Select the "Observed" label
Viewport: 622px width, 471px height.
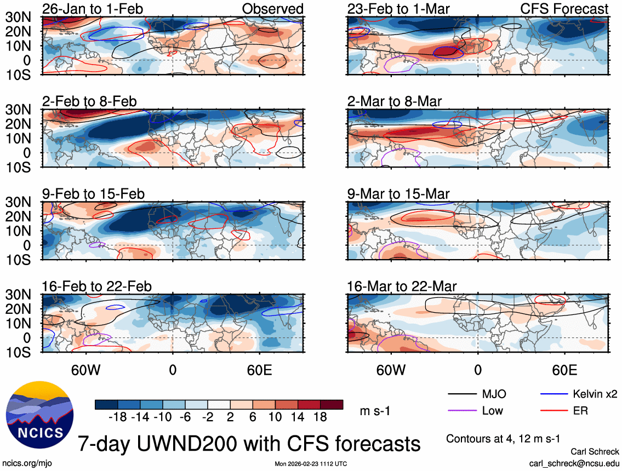(x=272, y=9)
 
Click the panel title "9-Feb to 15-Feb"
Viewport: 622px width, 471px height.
(x=93, y=194)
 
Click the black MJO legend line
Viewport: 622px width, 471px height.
(x=462, y=394)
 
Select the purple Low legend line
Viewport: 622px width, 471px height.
(x=462, y=411)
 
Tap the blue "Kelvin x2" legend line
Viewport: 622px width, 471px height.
(x=553, y=394)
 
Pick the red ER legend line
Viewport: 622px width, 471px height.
(x=553, y=411)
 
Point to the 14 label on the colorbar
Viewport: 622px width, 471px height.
(x=300, y=417)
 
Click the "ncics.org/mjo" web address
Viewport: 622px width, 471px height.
(x=25, y=463)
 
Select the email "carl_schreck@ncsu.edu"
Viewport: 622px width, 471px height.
(x=574, y=463)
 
